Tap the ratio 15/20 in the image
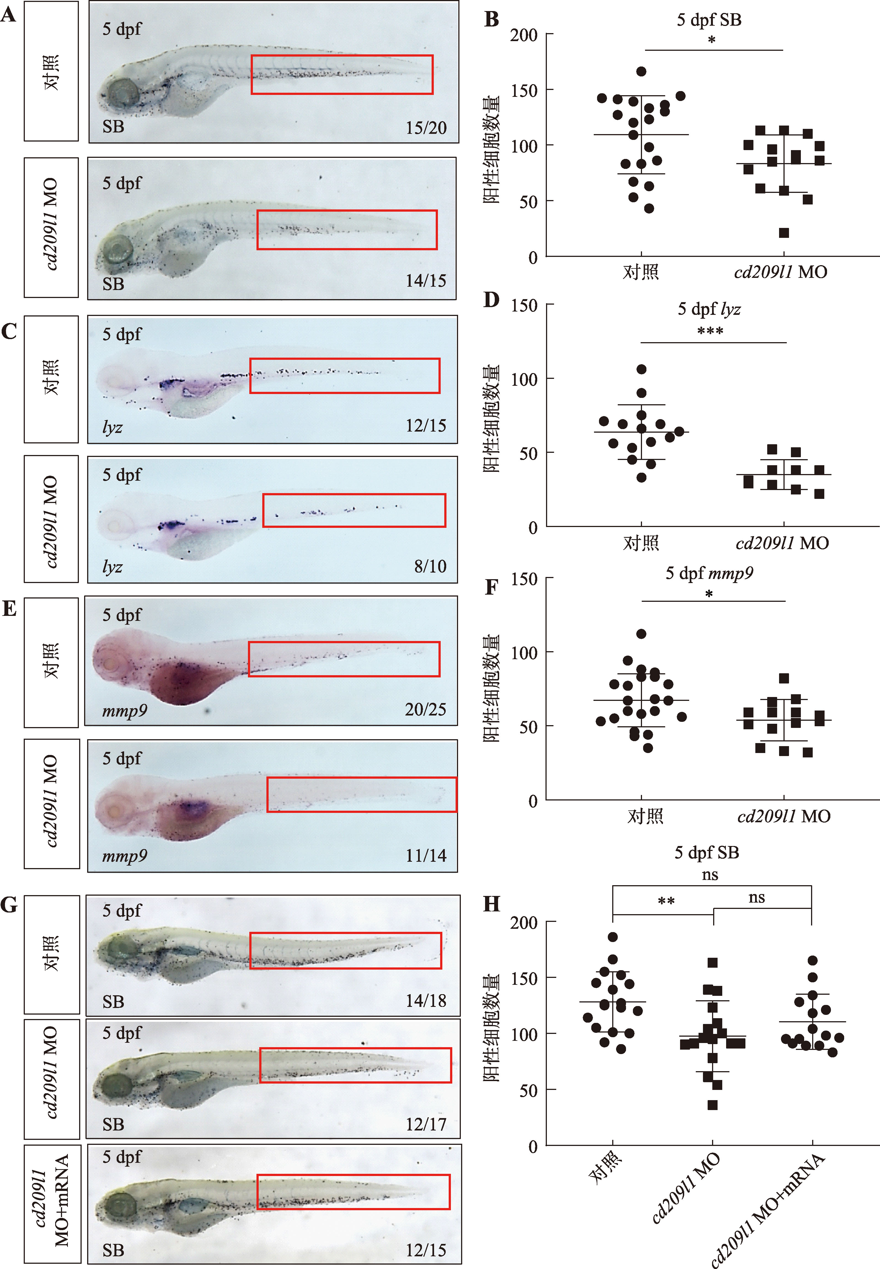coord(426,128)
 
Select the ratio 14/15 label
coord(426,281)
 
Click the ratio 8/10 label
coord(430,566)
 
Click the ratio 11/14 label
coord(426,856)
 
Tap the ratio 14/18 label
coord(426,1000)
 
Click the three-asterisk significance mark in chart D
coord(710,331)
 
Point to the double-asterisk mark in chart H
coord(666,901)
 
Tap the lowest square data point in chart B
coord(783,233)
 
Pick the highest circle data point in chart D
coord(641,369)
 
